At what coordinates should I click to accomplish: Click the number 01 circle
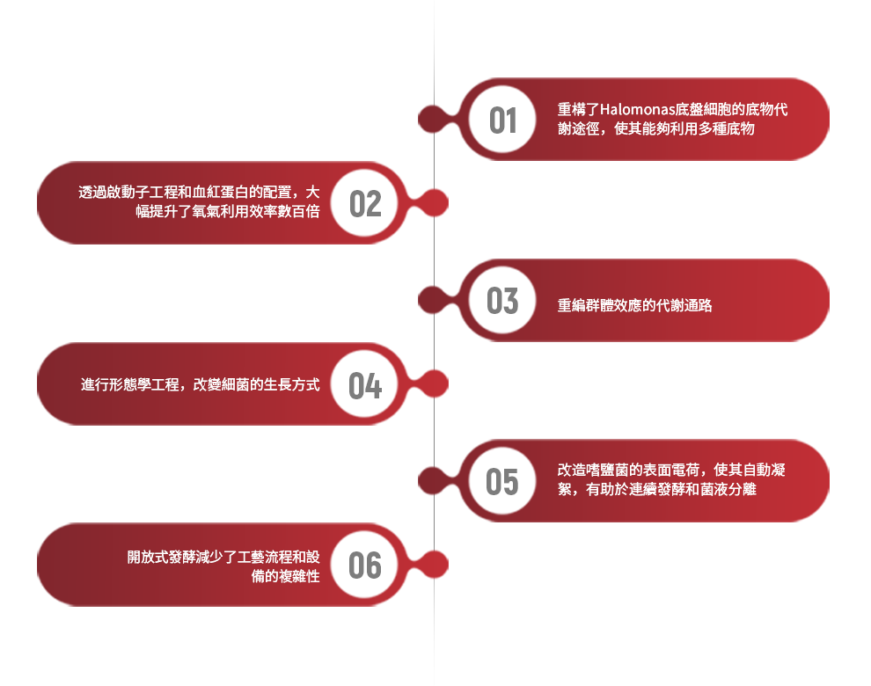coord(502,120)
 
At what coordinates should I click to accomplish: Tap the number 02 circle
coord(364,203)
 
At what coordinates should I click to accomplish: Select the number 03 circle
coord(502,300)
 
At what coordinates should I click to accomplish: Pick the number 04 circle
coord(364,383)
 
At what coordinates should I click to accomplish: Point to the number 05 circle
coord(502,481)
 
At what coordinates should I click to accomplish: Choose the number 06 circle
coord(364,565)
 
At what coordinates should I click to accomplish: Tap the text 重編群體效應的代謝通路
coord(634,305)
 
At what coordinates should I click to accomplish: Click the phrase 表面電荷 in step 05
coord(671,470)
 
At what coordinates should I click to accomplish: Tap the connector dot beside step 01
coord(433,119)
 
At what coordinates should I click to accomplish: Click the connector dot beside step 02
coord(434,203)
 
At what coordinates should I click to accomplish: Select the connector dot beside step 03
coord(433,300)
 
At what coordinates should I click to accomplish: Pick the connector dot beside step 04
coord(434,383)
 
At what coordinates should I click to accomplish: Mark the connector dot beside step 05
coord(433,481)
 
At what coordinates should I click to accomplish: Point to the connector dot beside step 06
coord(434,565)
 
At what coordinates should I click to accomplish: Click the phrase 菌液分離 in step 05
coord(728,489)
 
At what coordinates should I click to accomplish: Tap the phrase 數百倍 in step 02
coord(299,212)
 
